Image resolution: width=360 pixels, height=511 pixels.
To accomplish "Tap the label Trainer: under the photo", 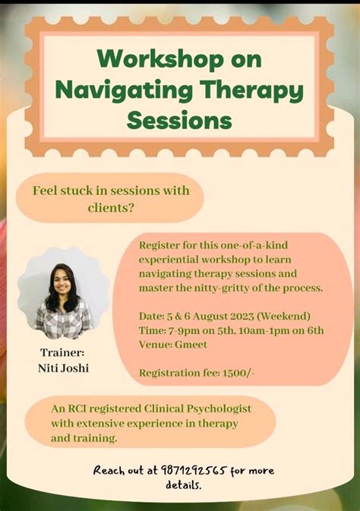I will pyautogui.click(x=62, y=353).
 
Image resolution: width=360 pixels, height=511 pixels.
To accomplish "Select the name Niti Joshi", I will pyautogui.click(x=64, y=368).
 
